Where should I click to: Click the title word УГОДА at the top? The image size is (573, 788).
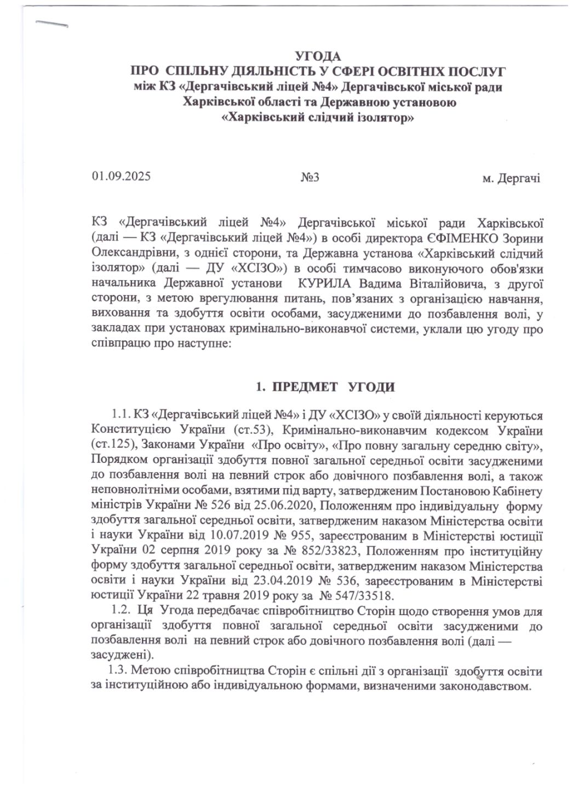318,56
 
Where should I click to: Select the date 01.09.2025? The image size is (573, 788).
122,177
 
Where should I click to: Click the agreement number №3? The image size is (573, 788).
310,178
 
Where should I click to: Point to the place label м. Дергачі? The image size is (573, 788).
511,178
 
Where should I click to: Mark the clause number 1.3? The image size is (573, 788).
118,671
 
